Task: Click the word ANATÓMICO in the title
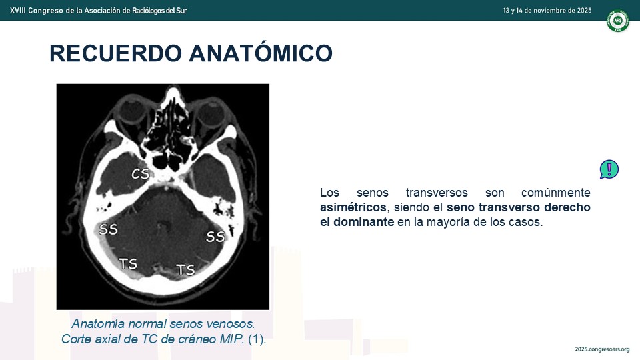[x=261, y=53]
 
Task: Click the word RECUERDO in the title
[x=115, y=53]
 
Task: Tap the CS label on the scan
[x=141, y=174]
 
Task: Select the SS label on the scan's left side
[x=108, y=229]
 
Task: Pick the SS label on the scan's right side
[x=215, y=236]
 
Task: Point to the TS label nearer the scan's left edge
[x=128, y=264]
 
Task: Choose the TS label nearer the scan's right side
[x=186, y=269]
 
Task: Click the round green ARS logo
[x=617, y=20]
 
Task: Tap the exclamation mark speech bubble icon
[x=609, y=169]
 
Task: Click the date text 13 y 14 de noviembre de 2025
[x=547, y=11]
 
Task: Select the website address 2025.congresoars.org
[x=602, y=349]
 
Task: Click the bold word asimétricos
[x=353, y=207]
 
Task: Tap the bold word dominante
[x=364, y=222]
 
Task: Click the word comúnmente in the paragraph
[x=556, y=193]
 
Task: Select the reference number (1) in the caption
[x=257, y=339]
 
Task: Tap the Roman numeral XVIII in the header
[x=17, y=11]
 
